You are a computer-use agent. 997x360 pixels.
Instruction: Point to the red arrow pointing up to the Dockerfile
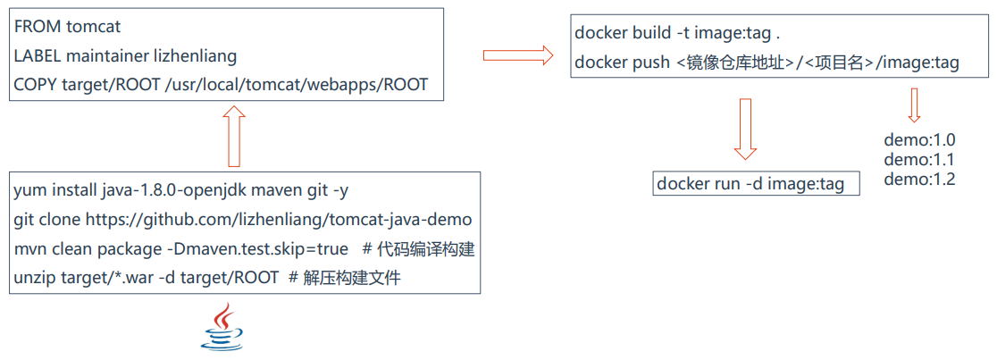(234, 136)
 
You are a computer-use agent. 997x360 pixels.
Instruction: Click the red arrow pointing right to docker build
(518, 55)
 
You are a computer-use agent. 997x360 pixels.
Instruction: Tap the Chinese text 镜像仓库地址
(736, 63)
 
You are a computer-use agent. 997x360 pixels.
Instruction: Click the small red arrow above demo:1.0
(913, 105)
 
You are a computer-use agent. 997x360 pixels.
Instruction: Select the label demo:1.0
(919, 140)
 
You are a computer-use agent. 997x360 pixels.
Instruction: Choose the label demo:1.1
(919, 160)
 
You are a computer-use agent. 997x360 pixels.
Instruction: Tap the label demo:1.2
(919, 180)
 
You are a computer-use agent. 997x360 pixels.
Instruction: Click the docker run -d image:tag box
(756, 184)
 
